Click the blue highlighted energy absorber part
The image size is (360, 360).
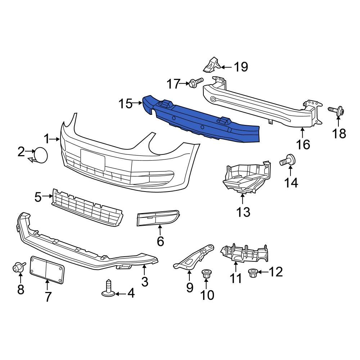(202, 121)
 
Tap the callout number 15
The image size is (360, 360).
(126, 104)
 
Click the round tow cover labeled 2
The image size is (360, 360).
(40, 154)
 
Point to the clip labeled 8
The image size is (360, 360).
(18, 267)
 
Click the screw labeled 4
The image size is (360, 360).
(108, 289)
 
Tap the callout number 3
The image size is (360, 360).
(144, 282)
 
